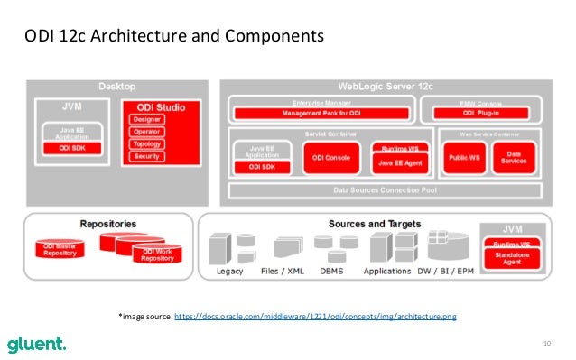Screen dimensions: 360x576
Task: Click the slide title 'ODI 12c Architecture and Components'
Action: pyautogui.click(x=172, y=38)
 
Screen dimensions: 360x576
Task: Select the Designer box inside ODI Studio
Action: pyautogui.click(x=147, y=119)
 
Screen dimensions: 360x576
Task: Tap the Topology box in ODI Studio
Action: pyautogui.click(x=147, y=143)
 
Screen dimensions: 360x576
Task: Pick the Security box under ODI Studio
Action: pyautogui.click(x=147, y=156)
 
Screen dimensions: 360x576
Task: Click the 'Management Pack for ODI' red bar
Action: pyautogui.click(x=322, y=114)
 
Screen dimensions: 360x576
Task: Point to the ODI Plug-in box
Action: pyautogui.click(x=478, y=114)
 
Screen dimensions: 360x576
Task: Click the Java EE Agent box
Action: pyautogui.click(x=400, y=164)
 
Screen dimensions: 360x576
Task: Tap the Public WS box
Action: pyautogui.click(x=463, y=156)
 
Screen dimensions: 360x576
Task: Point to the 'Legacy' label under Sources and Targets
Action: pyautogui.click(x=228, y=271)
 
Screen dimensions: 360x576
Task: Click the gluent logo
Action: pyautogui.click(x=36, y=345)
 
